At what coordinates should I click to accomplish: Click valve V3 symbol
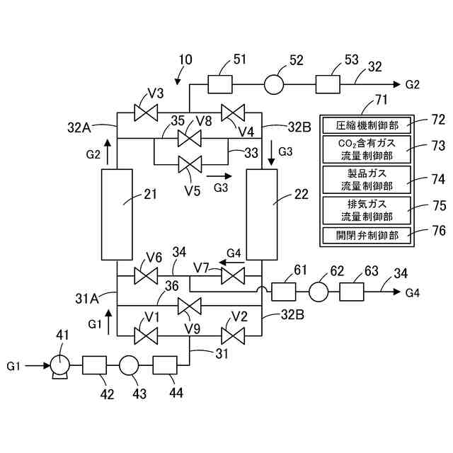(146, 113)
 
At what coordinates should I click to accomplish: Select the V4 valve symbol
(233, 113)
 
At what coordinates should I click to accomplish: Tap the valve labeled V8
(190, 139)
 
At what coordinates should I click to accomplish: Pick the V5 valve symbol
(190, 164)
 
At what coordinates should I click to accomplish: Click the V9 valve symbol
(190, 306)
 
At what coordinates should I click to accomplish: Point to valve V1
(146, 336)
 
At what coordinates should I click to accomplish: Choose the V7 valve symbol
(233, 275)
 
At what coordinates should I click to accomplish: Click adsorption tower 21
(117, 214)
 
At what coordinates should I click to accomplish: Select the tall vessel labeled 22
(262, 214)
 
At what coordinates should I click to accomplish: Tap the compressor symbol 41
(60, 367)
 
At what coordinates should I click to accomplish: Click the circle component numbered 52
(274, 84)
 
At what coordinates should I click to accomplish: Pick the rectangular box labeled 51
(220, 84)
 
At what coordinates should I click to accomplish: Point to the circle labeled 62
(319, 292)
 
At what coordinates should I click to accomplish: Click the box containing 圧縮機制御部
(367, 125)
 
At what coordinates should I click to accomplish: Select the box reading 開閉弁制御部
(367, 236)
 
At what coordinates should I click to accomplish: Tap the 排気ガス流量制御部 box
(367, 210)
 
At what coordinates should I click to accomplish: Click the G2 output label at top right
(412, 85)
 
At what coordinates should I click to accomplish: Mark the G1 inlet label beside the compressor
(13, 367)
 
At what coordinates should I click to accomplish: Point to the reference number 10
(185, 59)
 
